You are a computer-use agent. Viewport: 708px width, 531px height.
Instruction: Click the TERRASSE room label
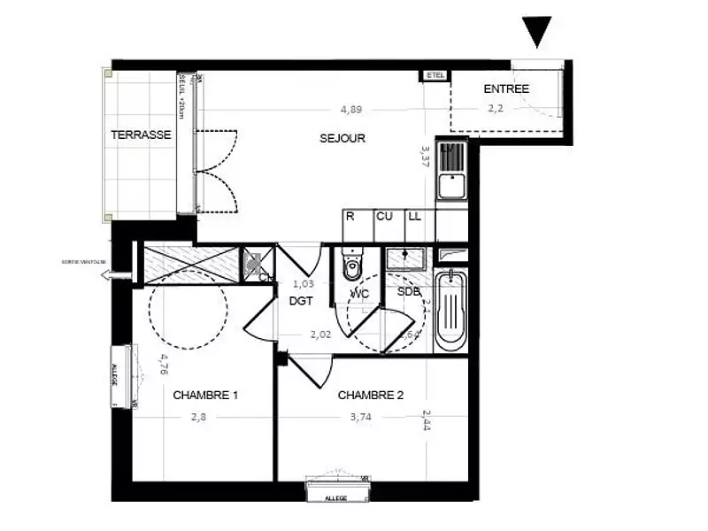pyautogui.click(x=141, y=135)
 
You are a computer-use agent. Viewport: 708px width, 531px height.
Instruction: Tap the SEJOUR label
pyautogui.click(x=342, y=139)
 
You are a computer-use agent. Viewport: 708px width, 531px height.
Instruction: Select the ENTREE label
pyautogui.click(x=506, y=89)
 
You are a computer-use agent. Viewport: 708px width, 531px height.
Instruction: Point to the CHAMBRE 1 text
pyautogui.click(x=206, y=396)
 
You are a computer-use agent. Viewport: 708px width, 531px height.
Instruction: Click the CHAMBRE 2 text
pyautogui.click(x=371, y=396)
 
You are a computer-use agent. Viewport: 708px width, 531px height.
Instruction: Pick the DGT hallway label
pyautogui.click(x=302, y=301)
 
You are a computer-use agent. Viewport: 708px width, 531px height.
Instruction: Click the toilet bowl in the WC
pyautogui.click(x=352, y=265)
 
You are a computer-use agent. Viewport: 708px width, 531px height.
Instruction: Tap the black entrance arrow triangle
pyautogui.click(x=536, y=32)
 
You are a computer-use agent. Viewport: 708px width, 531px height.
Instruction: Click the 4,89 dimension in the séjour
pyautogui.click(x=351, y=111)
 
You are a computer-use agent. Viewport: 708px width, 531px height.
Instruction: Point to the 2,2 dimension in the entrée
pyautogui.click(x=496, y=111)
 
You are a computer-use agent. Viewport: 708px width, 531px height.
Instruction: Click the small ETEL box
pyautogui.click(x=435, y=75)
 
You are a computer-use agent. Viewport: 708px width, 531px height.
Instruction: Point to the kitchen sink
pyautogui.click(x=450, y=186)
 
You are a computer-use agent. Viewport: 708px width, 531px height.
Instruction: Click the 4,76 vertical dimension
pyautogui.click(x=164, y=365)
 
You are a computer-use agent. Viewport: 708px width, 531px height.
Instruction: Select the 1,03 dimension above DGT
pyautogui.click(x=304, y=284)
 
